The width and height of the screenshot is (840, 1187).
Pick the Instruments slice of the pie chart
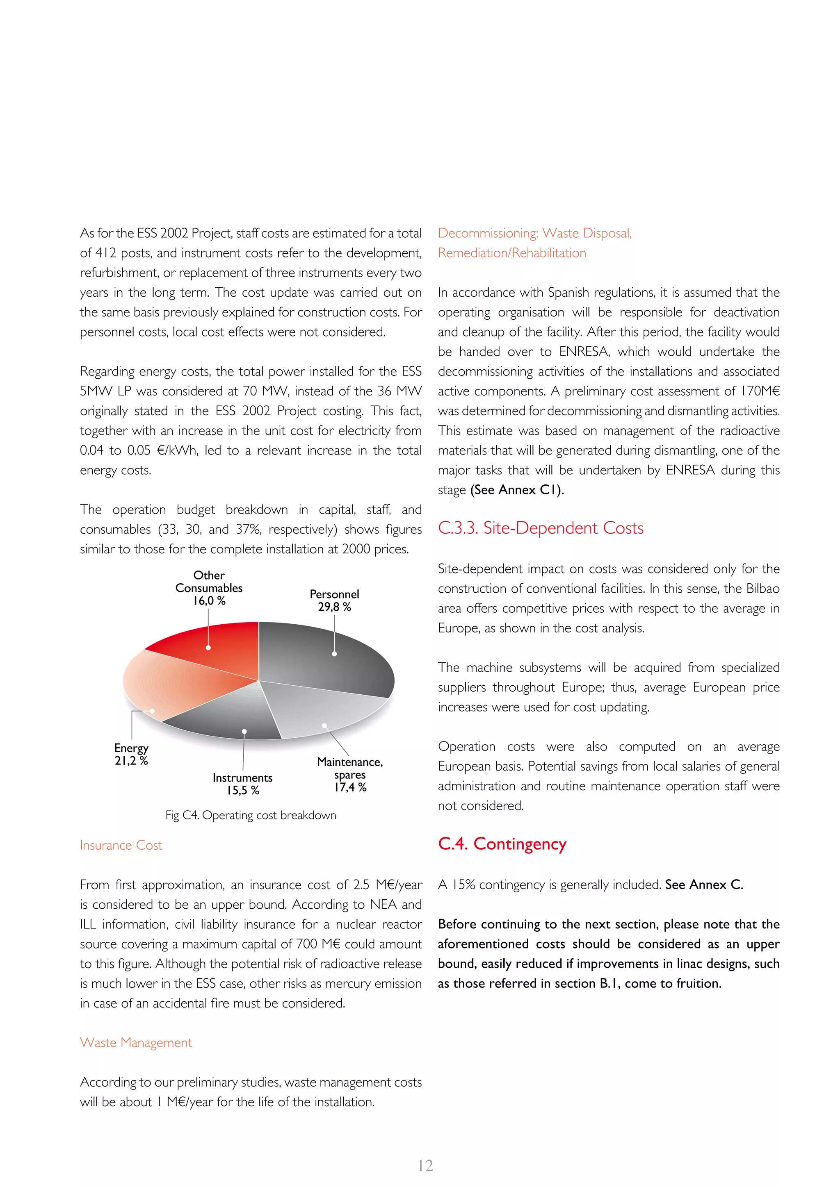[x=228, y=719]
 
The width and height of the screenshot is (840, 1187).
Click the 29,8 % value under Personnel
[x=334, y=607]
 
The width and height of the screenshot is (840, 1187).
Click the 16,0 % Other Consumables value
[x=209, y=601]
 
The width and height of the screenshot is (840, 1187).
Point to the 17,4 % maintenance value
[x=350, y=787]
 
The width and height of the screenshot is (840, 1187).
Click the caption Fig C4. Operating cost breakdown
[x=250, y=815]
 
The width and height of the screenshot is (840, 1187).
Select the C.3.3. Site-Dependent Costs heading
[x=541, y=528]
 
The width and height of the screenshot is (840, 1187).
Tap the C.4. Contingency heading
[x=502, y=844]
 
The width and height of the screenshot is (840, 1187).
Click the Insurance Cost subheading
[x=121, y=845]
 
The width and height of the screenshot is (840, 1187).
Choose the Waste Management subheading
[x=135, y=1043]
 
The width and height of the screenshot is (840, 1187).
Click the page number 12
[x=425, y=1165]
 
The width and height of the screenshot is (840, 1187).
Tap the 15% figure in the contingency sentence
[x=463, y=885]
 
